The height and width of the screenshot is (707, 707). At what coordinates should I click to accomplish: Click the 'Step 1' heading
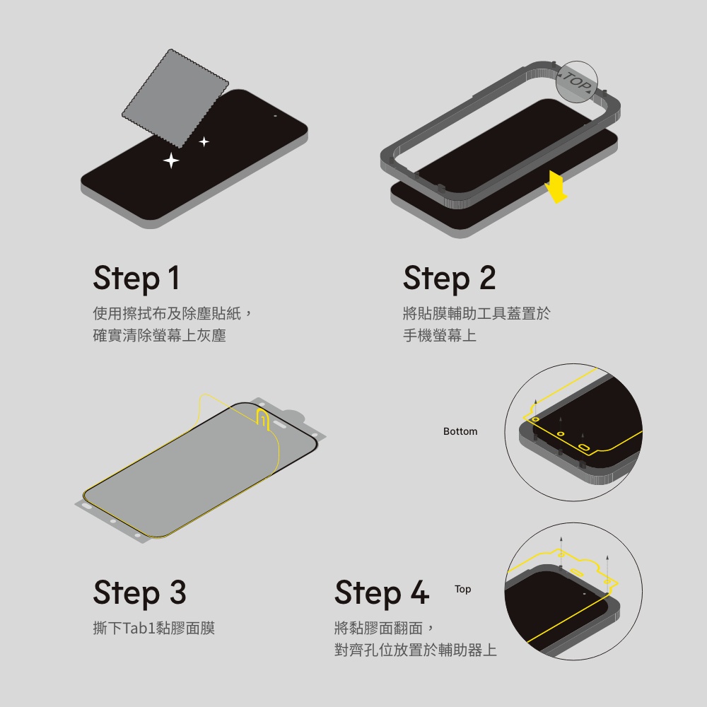click(136, 278)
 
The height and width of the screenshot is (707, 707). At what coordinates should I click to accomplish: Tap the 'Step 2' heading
click(449, 278)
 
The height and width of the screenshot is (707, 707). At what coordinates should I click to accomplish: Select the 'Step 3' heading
click(139, 592)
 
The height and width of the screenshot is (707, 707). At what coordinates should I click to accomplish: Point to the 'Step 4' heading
click(382, 592)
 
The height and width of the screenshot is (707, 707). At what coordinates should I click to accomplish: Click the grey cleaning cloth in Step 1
click(175, 98)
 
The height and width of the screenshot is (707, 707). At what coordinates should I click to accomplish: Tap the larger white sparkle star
click(171, 160)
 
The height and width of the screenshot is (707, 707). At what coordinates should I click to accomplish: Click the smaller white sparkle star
click(204, 141)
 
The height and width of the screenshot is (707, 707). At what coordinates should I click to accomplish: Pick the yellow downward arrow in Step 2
click(556, 187)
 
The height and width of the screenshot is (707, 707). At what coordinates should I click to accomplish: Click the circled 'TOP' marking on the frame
click(576, 81)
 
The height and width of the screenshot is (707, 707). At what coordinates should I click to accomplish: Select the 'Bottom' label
click(460, 431)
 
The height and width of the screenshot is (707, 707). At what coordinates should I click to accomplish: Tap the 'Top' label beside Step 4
click(462, 589)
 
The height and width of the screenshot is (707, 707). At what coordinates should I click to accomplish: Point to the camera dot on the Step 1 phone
click(275, 116)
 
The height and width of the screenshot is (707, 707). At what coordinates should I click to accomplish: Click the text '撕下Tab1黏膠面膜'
click(153, 628)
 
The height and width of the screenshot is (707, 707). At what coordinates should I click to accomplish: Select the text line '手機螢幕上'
click(440, 335)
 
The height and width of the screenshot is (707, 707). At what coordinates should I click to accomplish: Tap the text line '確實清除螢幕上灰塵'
click(159, 335)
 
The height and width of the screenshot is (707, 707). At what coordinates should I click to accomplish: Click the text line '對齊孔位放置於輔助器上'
click(415, 650)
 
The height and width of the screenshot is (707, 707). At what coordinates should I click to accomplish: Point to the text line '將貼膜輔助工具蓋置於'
click(477, 313)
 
